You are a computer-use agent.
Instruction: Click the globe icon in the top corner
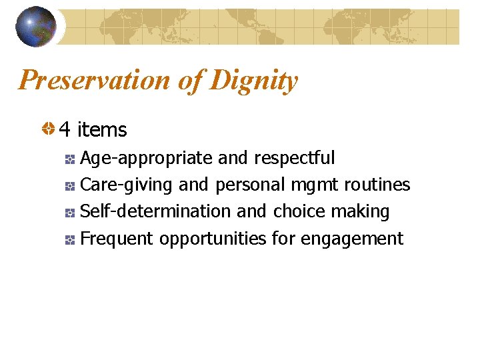[36, 27]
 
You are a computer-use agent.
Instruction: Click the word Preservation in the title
[95, 81]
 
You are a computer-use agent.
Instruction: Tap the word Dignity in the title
[253, 81]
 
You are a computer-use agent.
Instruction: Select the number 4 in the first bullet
[65, 129]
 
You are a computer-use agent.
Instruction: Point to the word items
[102, 129]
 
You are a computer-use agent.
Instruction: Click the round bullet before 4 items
[47, 129]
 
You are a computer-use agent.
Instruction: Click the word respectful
[295, 158]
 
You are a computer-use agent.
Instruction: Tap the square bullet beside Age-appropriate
[70, 159]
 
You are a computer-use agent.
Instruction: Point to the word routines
[377, 185]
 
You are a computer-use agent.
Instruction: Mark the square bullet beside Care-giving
[70, 185]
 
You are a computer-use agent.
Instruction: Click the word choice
[299, 211]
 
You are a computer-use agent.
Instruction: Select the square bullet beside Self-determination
[70, 213]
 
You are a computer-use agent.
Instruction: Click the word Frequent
[117, 238]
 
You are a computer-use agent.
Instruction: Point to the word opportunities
[213, 238]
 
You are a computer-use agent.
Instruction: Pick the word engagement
[352, 238]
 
